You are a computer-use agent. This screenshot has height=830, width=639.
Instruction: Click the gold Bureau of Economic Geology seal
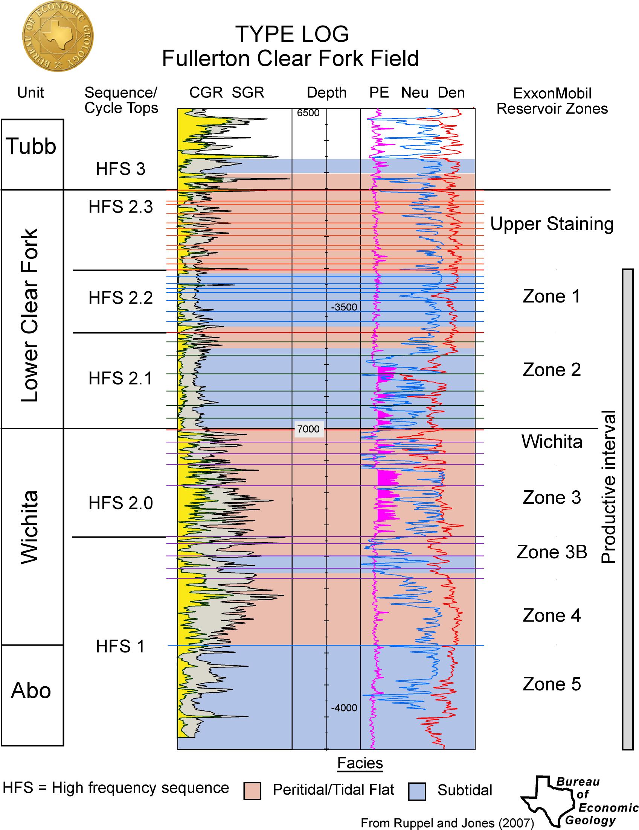(58, 36)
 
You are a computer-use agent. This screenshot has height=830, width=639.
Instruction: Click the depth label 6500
(308, 113)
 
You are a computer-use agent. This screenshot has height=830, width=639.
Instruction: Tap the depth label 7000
(308, 429)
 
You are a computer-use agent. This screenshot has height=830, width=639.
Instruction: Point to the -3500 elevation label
(344, 307)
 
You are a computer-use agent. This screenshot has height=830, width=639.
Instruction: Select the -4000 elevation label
(344, 708)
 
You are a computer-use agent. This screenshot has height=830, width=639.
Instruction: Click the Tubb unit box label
(31, 146)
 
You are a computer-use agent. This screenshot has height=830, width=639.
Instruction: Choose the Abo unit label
(31, 690)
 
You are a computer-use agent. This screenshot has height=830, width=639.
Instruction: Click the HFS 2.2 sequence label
(120, 298)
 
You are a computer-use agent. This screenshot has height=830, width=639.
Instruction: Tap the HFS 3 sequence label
(120, 169)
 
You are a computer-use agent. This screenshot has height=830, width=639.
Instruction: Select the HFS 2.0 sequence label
(120, 503)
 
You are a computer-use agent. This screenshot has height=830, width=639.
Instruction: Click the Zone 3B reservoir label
(552, 552)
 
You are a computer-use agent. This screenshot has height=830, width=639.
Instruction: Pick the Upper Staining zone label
(552, 224)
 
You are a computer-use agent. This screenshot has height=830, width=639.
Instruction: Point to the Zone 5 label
(552, 684)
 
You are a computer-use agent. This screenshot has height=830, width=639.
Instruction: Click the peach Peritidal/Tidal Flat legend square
(252, 791)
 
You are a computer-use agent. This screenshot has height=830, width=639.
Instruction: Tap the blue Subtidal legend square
(417, 791)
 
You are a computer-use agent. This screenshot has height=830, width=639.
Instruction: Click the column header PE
(379, 93)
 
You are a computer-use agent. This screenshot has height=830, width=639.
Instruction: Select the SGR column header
(248, 93)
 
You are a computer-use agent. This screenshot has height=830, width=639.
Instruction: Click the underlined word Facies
(360, 763)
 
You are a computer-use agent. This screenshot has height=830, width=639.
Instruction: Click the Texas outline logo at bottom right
(548, 800)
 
